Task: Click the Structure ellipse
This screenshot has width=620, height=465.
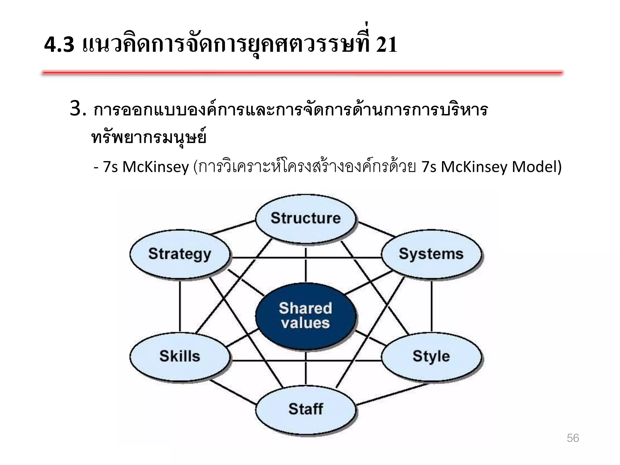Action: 305,218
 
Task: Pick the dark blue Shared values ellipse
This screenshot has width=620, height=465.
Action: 305,316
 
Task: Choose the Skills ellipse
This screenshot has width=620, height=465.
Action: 180,356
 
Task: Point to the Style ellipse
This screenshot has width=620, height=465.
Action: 431,356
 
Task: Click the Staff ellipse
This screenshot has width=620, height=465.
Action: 305,409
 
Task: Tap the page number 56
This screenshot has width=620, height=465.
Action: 572,438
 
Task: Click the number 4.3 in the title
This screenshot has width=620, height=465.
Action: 59,45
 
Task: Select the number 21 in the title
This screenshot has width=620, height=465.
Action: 386,45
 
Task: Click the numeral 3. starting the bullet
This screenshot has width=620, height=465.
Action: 78,109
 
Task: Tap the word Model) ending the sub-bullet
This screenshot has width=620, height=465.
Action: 536,167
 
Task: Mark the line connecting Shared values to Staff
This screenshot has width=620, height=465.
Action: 305,368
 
